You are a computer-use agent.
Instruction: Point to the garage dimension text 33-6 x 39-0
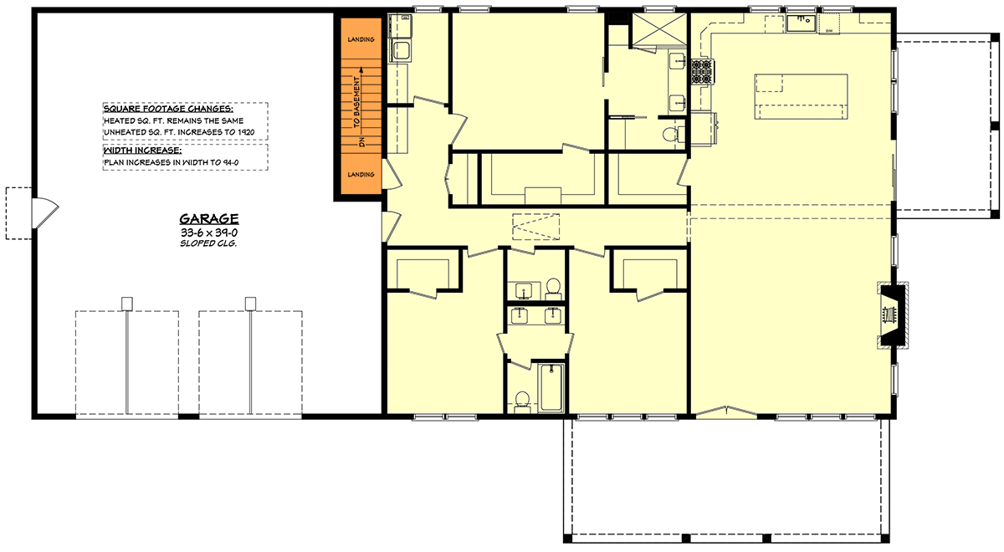click(x=208, y=232)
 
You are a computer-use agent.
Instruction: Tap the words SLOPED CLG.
click(x=208, y=244)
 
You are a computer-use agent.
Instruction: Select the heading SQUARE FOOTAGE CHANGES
click(x=168, y=110)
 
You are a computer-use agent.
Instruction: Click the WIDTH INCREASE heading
click(x=141, y=150)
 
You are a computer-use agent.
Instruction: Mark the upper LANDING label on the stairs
click(x=360, y=39)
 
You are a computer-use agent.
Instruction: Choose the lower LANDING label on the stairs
click(x=360, y=176)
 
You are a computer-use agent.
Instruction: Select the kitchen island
click(x=801, y=96)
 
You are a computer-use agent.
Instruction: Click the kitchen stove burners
click(x=700, y=72)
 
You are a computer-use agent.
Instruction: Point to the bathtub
click(x=551, y=387)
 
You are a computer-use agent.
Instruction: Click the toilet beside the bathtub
click(x=522, y=400)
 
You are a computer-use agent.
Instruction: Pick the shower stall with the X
click(x=658, y=31)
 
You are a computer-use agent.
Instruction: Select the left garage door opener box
click(x=126, y=303)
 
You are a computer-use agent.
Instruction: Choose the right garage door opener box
click(x=249, y=303)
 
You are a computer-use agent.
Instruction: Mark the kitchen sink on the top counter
click(x=804, y=21)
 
